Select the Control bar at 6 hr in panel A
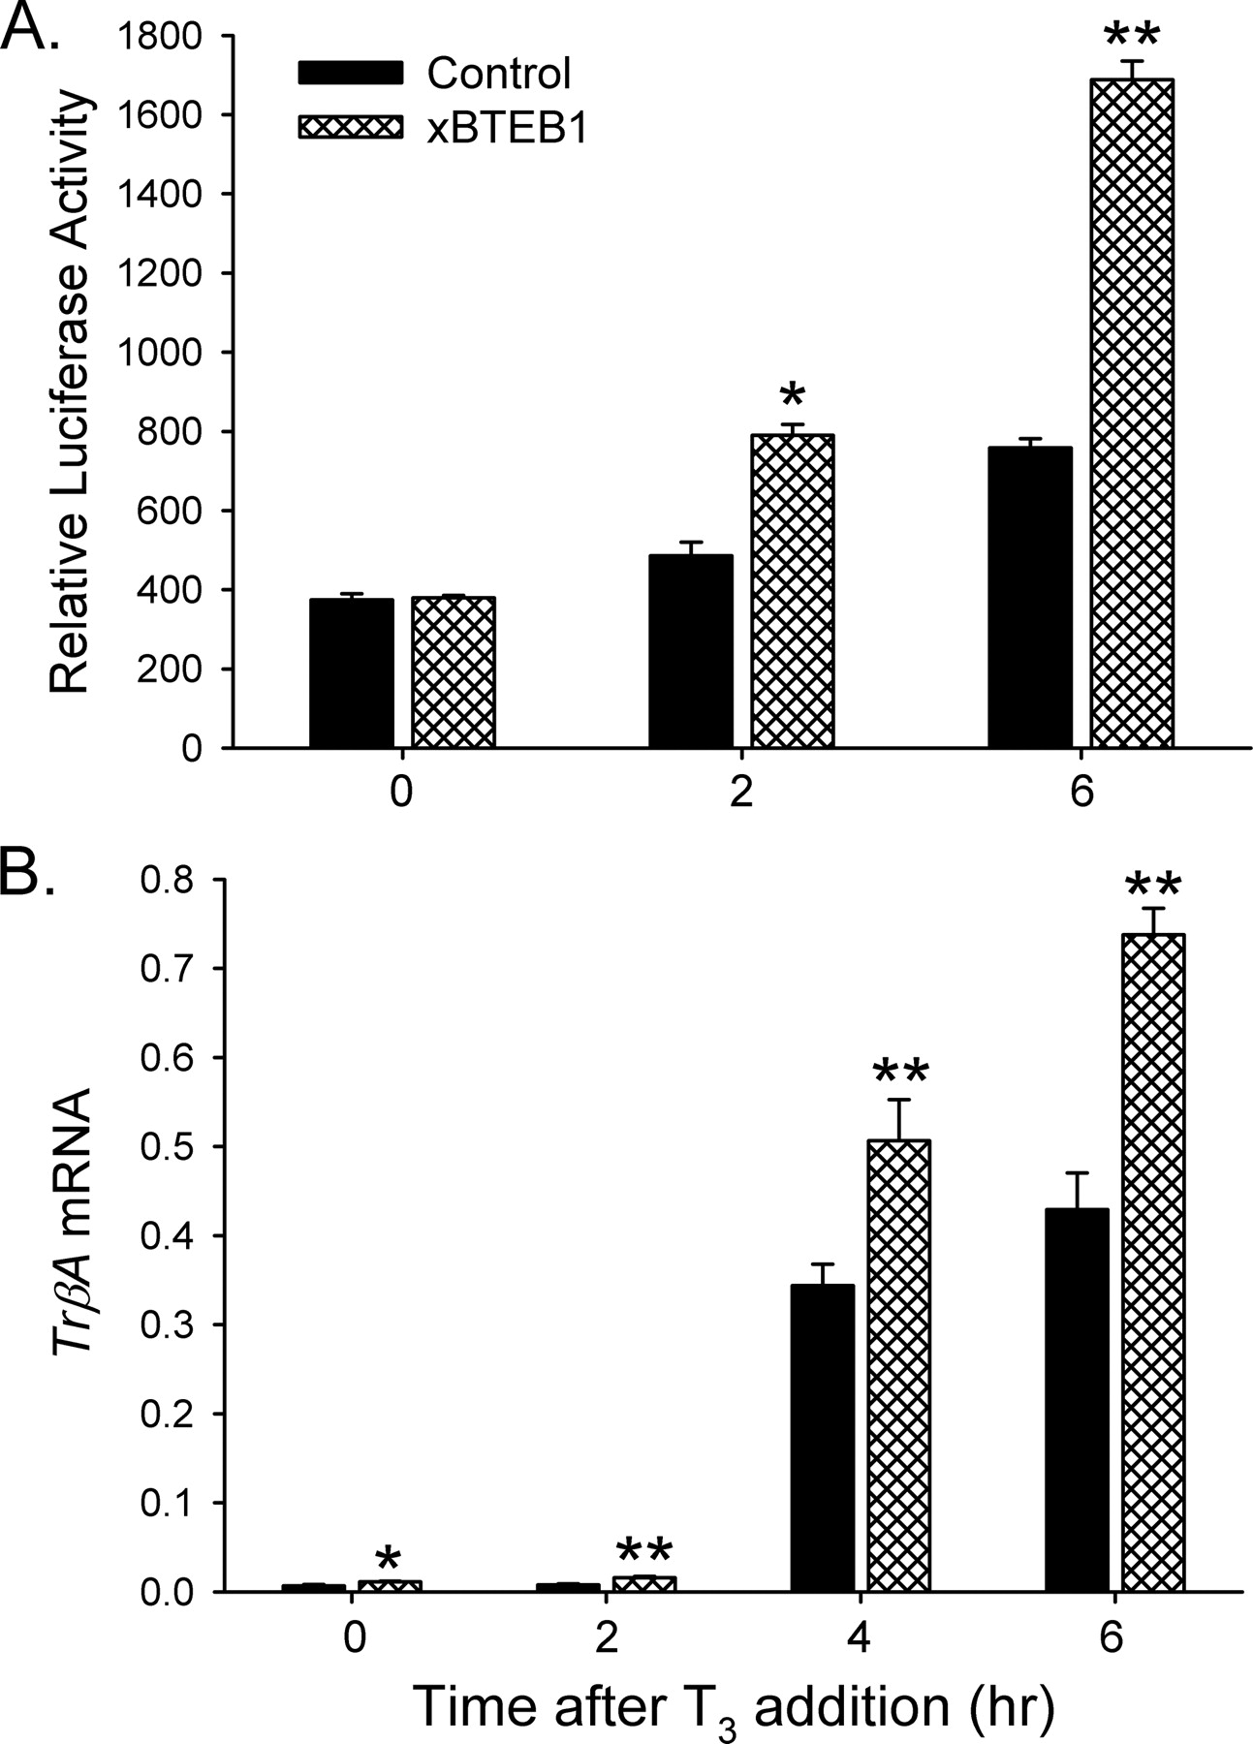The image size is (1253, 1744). click(x=1029, y=597)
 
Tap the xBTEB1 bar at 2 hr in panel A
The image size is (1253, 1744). click(x=792, y=591)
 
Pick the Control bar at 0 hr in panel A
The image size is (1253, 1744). click(x=352, y=673)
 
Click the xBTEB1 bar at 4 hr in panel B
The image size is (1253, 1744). click(x=897, y=1365)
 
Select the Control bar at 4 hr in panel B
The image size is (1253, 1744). click(x=823, y=1438)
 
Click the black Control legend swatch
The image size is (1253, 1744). click(x=350, y=73)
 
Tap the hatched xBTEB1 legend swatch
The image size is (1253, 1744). click(x=350, y=128)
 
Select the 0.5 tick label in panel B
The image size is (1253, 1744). click(x=171, y=1147)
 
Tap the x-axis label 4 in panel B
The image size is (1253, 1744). click(x=861, y=1636)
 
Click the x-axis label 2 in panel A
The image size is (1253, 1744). click(x=741, y=793)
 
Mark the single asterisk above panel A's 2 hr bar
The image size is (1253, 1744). click(x=792, y=396)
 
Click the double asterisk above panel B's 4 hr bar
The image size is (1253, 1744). click(x=900, y=1072)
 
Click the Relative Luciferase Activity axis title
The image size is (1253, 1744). click(x=70, y=392)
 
